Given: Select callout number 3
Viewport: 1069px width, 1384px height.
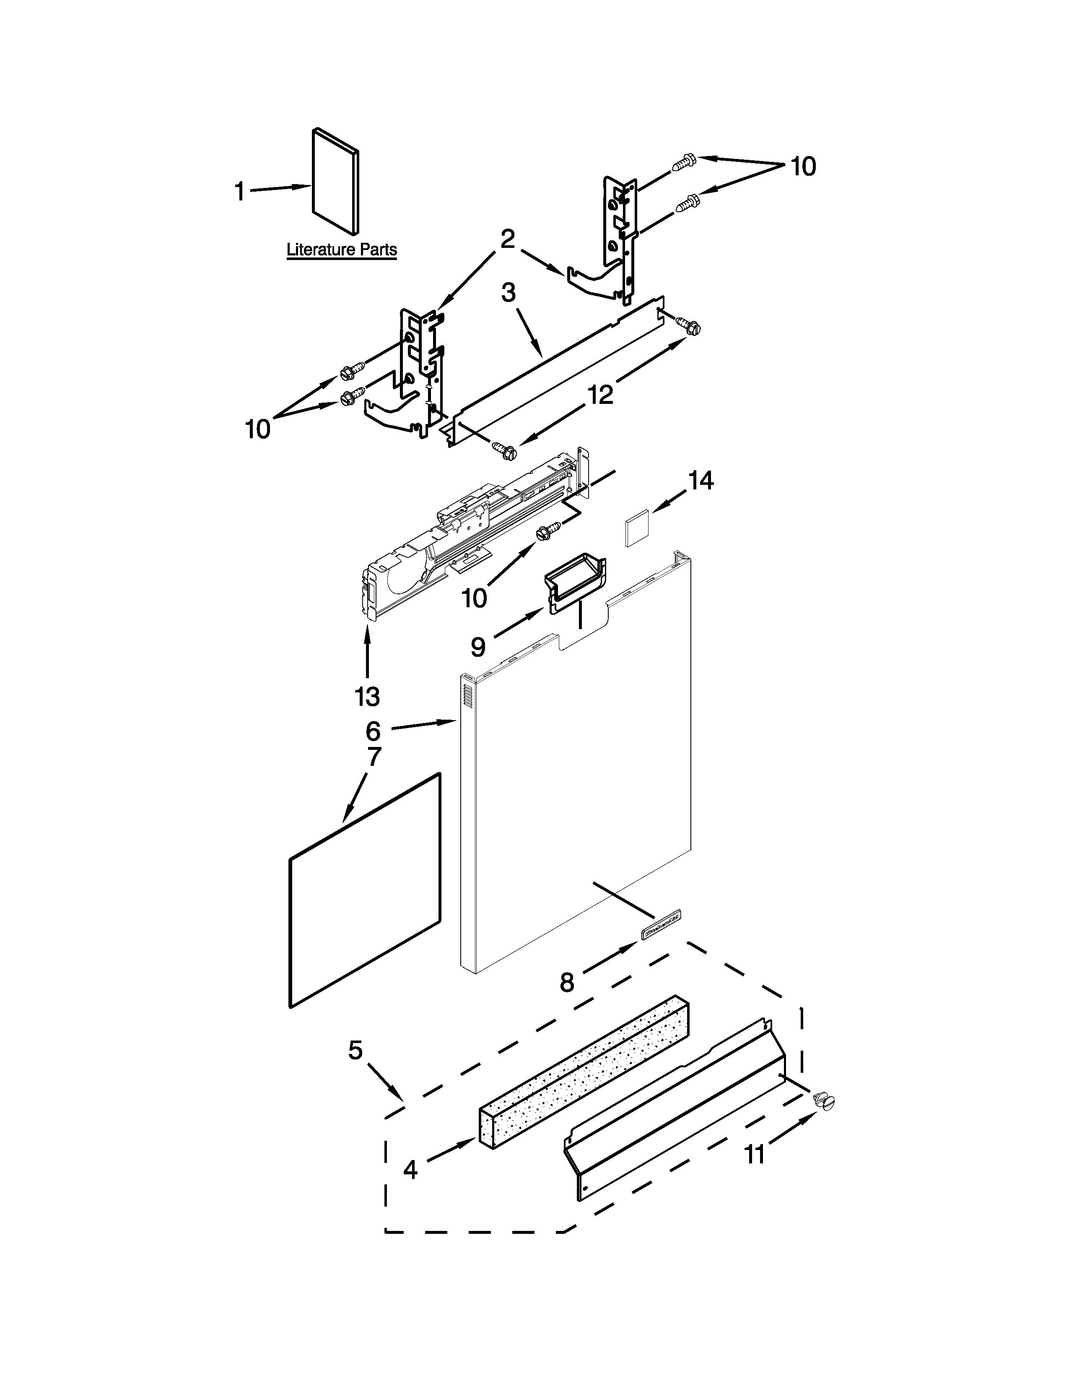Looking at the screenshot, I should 509,293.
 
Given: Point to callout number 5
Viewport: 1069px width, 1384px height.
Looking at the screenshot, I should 355,1050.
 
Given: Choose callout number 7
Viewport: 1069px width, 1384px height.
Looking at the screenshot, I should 374,756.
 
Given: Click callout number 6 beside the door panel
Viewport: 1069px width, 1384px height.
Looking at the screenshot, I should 373,731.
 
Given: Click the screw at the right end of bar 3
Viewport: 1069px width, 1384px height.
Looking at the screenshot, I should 691,326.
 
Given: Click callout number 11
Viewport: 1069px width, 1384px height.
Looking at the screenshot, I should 754,1155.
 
